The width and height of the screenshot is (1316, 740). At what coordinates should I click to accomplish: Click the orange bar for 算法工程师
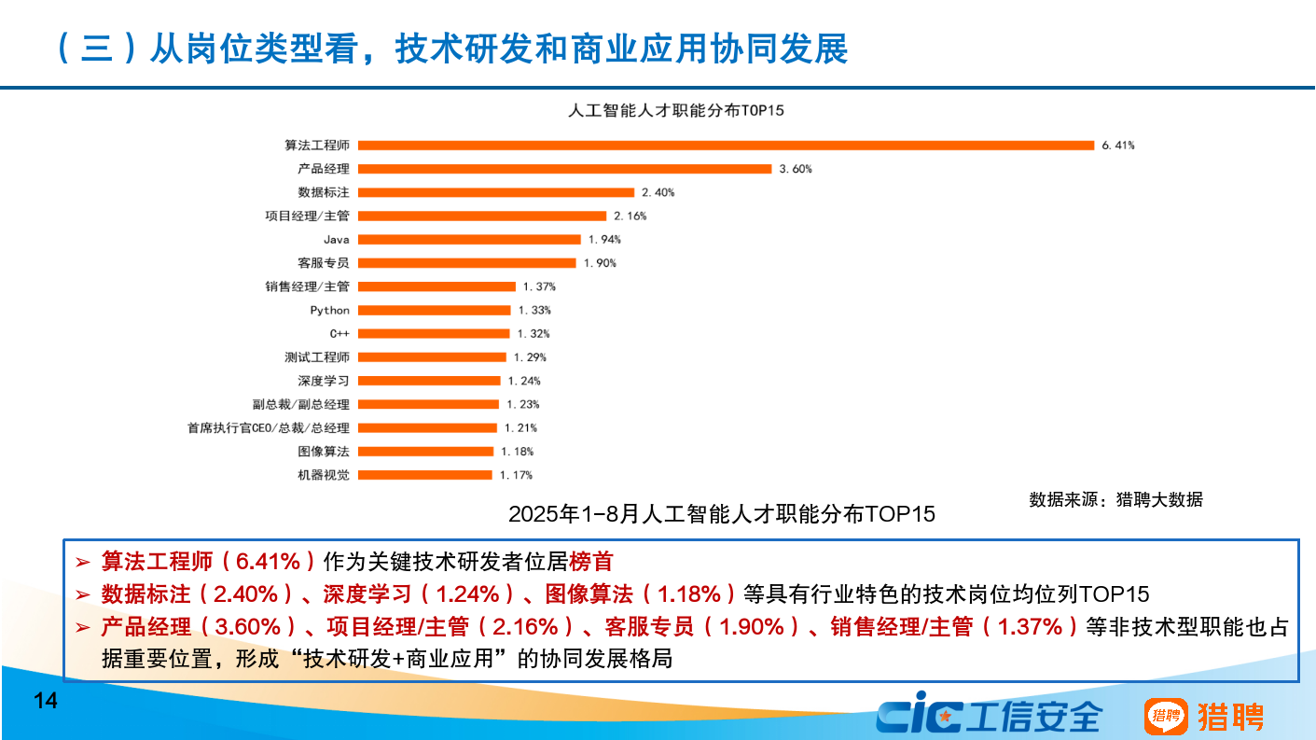726,145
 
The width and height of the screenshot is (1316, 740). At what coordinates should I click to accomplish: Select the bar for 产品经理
565,169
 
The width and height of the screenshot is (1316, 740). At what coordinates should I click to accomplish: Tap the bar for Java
469,240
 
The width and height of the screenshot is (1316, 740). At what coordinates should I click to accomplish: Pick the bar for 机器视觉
425,475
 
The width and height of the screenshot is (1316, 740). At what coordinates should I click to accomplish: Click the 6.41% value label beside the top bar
1117,146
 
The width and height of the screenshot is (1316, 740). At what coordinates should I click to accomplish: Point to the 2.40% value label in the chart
658,192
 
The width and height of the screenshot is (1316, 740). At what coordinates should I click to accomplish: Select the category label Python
330,310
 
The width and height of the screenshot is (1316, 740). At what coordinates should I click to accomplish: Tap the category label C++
339,333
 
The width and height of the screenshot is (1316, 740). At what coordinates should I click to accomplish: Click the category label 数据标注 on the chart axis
324,192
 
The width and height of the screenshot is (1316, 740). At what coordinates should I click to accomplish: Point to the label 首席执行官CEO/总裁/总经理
269,428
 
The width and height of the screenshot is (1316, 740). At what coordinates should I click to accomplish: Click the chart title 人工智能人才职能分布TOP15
676,110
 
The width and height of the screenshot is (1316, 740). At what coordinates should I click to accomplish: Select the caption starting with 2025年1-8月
721,514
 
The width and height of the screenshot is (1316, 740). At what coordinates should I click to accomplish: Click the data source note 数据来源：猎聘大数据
1115,499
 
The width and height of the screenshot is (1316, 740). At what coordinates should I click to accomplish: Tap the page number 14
46,701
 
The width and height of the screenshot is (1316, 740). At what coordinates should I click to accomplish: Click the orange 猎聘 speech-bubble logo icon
1166,717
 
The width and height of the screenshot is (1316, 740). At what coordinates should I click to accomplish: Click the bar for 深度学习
429,381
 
